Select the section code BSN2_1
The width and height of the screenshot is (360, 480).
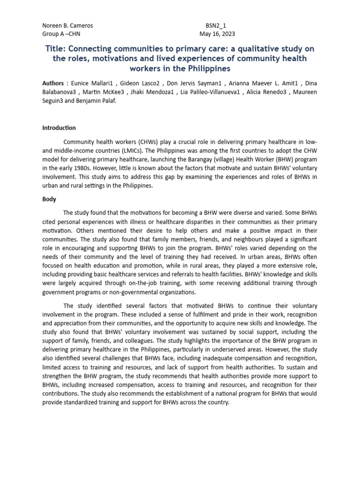tap(216, 26)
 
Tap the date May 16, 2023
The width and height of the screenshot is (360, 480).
tap(217, 34)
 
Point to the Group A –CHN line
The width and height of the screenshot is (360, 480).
tap(61, 34)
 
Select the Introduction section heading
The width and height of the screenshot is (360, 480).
tap(59, 128)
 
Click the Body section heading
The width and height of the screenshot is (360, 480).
tap(49, 199)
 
